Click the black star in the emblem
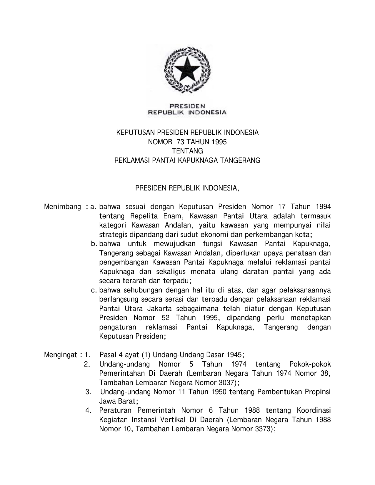tap(187, 70)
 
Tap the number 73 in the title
tap(180, 142)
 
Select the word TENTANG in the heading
tap(187, 151)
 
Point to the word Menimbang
tap(62, 207)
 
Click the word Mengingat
tap(61, 355)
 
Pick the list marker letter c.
tap(94, 290)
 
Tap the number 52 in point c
tap(166, 318)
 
